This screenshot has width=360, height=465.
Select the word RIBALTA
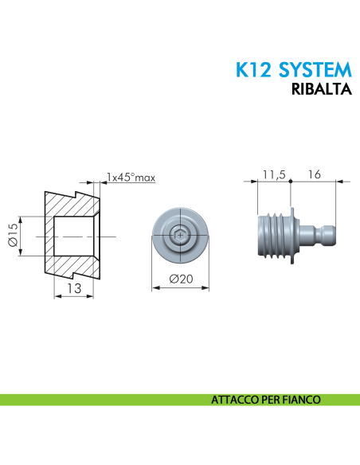pyautogui.click(x=323, y=90)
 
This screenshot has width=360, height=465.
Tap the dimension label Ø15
pyautogui.click(x=12, y=236)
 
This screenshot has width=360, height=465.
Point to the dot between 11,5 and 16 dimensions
pyautogui.click(x=292, y=182)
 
